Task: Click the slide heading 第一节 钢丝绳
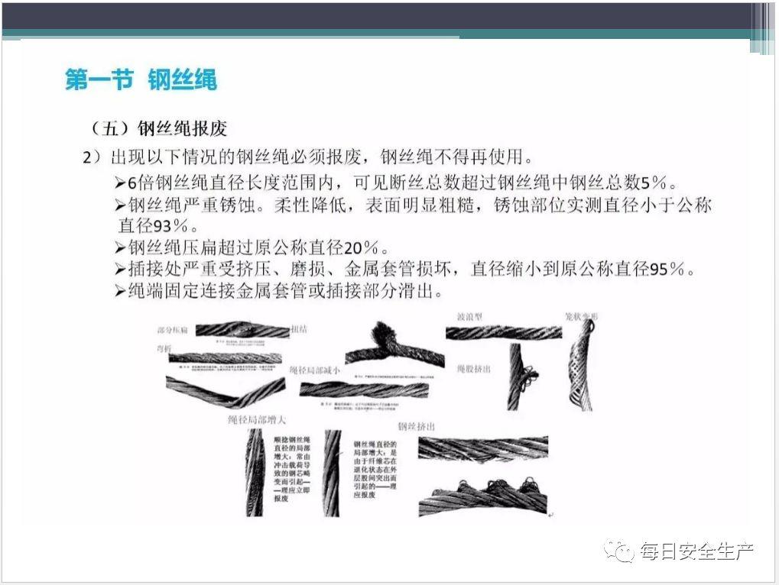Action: [x=141, y=79]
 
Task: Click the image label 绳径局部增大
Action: [x=258, y=419]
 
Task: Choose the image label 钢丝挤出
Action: [x=417, y=426]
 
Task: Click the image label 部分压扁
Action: [x=175, y=330]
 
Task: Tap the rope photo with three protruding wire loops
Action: [x=483, y=496]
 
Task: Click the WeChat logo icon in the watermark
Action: [x=621, y=550]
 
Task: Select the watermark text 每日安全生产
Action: [x=696, y=551]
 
